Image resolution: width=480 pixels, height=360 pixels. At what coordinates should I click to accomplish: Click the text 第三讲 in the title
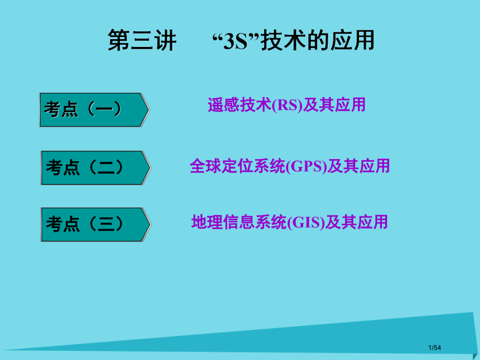[x=142, y=41]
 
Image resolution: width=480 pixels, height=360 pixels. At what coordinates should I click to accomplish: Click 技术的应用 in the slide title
[x=318, y=41]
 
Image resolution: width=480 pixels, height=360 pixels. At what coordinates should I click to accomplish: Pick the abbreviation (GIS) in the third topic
[x=306, y=223]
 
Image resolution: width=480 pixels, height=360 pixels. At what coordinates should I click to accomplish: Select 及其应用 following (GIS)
[x=356, y=223]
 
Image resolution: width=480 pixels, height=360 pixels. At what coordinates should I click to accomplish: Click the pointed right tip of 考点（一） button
[x=148, y=110]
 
